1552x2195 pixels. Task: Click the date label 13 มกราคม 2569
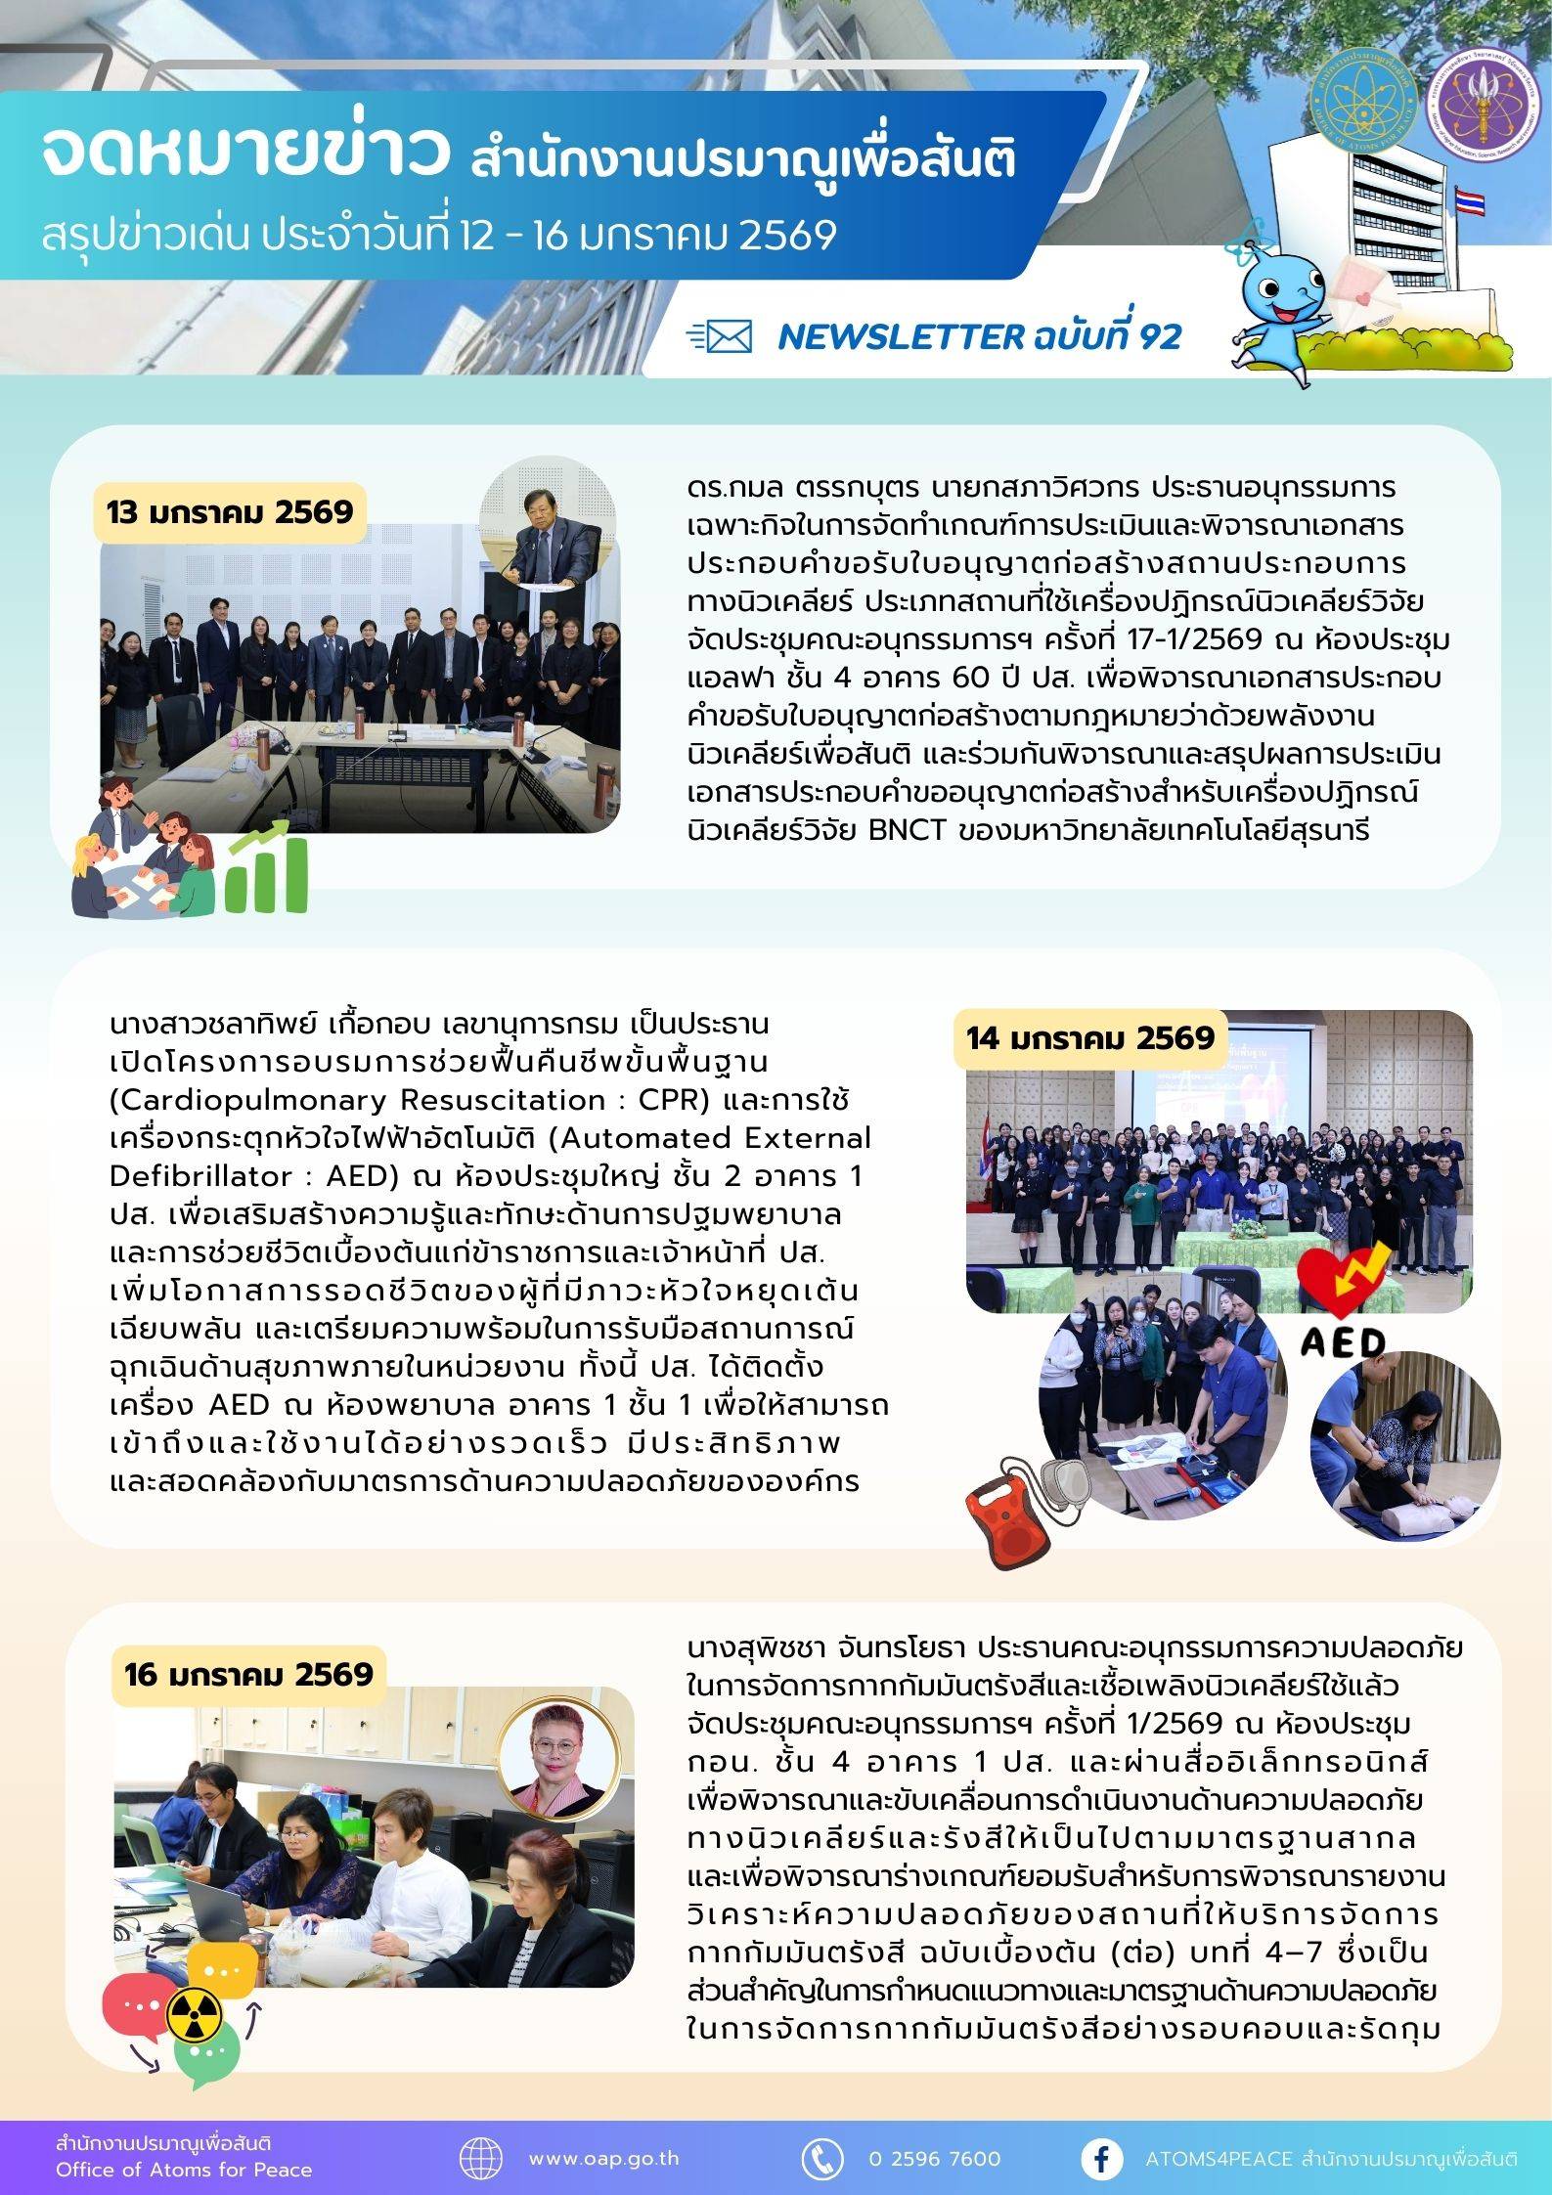click(x=230, y=512)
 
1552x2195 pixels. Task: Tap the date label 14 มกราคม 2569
click(x=1090, y=1037)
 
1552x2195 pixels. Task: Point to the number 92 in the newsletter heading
click(x=1160, y=337)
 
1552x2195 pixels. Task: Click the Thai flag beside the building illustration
click(x=1468, y=202)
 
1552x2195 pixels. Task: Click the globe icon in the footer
click(x=481, y=2158)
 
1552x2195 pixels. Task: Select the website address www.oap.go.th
click(x=603, y=2158)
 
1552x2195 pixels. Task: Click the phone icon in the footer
click(x=822, y=2158)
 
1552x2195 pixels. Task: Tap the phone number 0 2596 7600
click(x=934, y=2158)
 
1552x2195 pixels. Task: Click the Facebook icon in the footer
click(x=1101, y=2158)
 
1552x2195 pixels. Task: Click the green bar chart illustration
click(x=266, y=869)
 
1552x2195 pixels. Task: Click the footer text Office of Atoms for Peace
click(x=184, y=2170)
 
